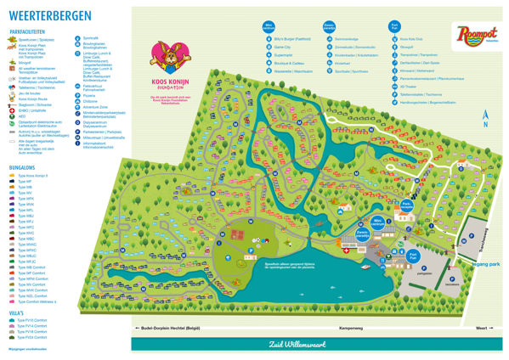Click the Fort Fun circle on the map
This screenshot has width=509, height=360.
tap(413, 256)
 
